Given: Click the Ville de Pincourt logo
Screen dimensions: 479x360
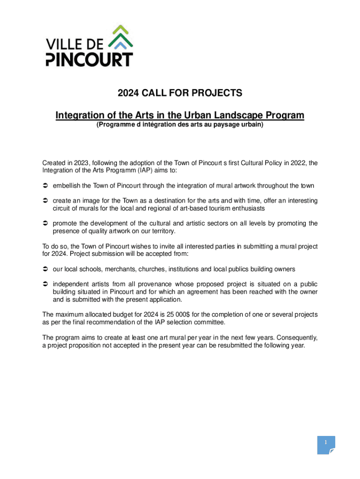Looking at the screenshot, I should [x=89, y=45].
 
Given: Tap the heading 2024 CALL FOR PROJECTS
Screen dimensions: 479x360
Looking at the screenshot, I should [x=180, y=93].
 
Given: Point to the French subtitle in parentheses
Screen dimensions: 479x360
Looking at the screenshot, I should [x=180, y=125].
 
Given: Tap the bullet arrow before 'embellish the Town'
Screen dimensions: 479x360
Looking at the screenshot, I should [x=45, y=186].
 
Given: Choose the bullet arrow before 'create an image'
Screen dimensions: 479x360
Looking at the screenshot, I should [x=45, y=201].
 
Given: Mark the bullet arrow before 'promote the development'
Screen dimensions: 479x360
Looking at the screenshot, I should [x=45, y=223].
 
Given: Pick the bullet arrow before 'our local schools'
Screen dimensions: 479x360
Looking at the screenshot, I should [x=45, y=269].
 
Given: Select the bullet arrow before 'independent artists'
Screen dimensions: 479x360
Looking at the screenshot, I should [x=45, y=284].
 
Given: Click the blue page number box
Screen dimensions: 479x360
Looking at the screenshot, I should [x=326, y=445].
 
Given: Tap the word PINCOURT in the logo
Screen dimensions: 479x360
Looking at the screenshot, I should [x=89, y=59].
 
